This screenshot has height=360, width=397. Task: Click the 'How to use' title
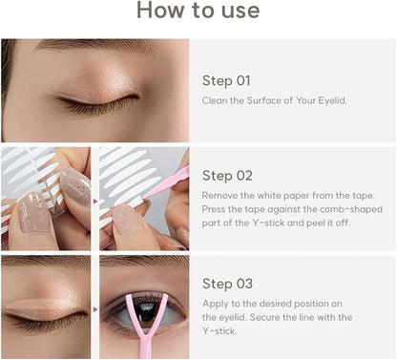[198, 11]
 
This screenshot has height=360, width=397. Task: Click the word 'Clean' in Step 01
[214, 99]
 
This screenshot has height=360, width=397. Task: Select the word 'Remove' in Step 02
[219, 194]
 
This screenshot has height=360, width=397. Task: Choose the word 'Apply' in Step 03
[214, 302]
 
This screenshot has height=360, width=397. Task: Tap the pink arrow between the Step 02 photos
[95, 200]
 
